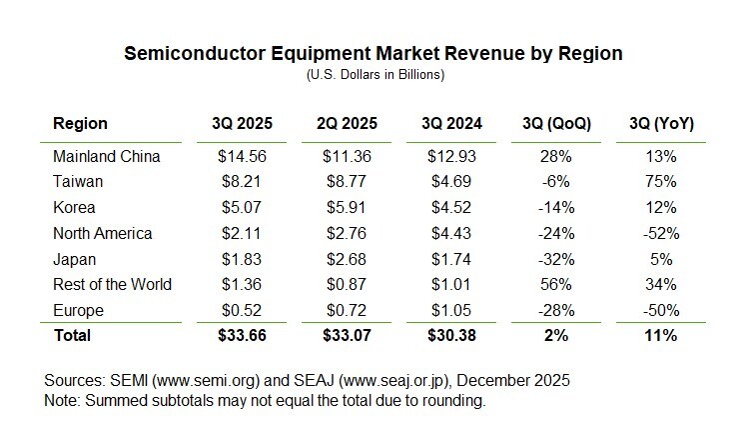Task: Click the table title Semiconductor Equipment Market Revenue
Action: (373, 55)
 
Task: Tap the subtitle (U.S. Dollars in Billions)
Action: (373, 75)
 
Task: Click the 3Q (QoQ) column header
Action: (556, 124)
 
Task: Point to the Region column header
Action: (80, 124)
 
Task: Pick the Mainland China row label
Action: (106, 156)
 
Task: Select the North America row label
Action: (102, 233)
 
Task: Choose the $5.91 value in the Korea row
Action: (347, 207)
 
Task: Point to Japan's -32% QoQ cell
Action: (556, 258)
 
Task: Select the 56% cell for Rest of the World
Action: (556, 284)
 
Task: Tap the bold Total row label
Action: (72, 335)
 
